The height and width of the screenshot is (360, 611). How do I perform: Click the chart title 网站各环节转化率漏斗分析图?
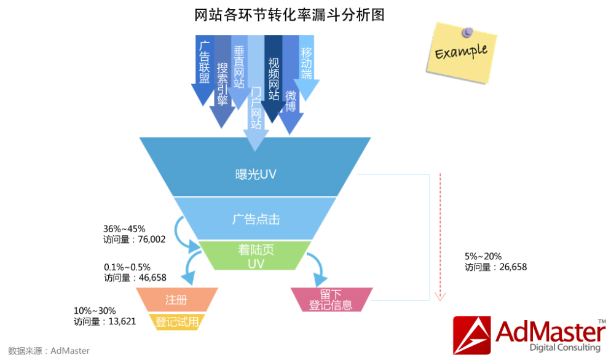click(x=289, y=15)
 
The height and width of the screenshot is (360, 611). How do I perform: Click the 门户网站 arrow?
click(x=256, y=111)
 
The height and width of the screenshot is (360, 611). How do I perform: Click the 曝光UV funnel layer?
click(x=256, y=174)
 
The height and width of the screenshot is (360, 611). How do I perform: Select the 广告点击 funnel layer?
click(x=256, y=219)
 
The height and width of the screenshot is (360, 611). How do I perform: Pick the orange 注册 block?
click(x=176, y=300)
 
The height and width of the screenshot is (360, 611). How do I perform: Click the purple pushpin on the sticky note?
click(x=469, y=31)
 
